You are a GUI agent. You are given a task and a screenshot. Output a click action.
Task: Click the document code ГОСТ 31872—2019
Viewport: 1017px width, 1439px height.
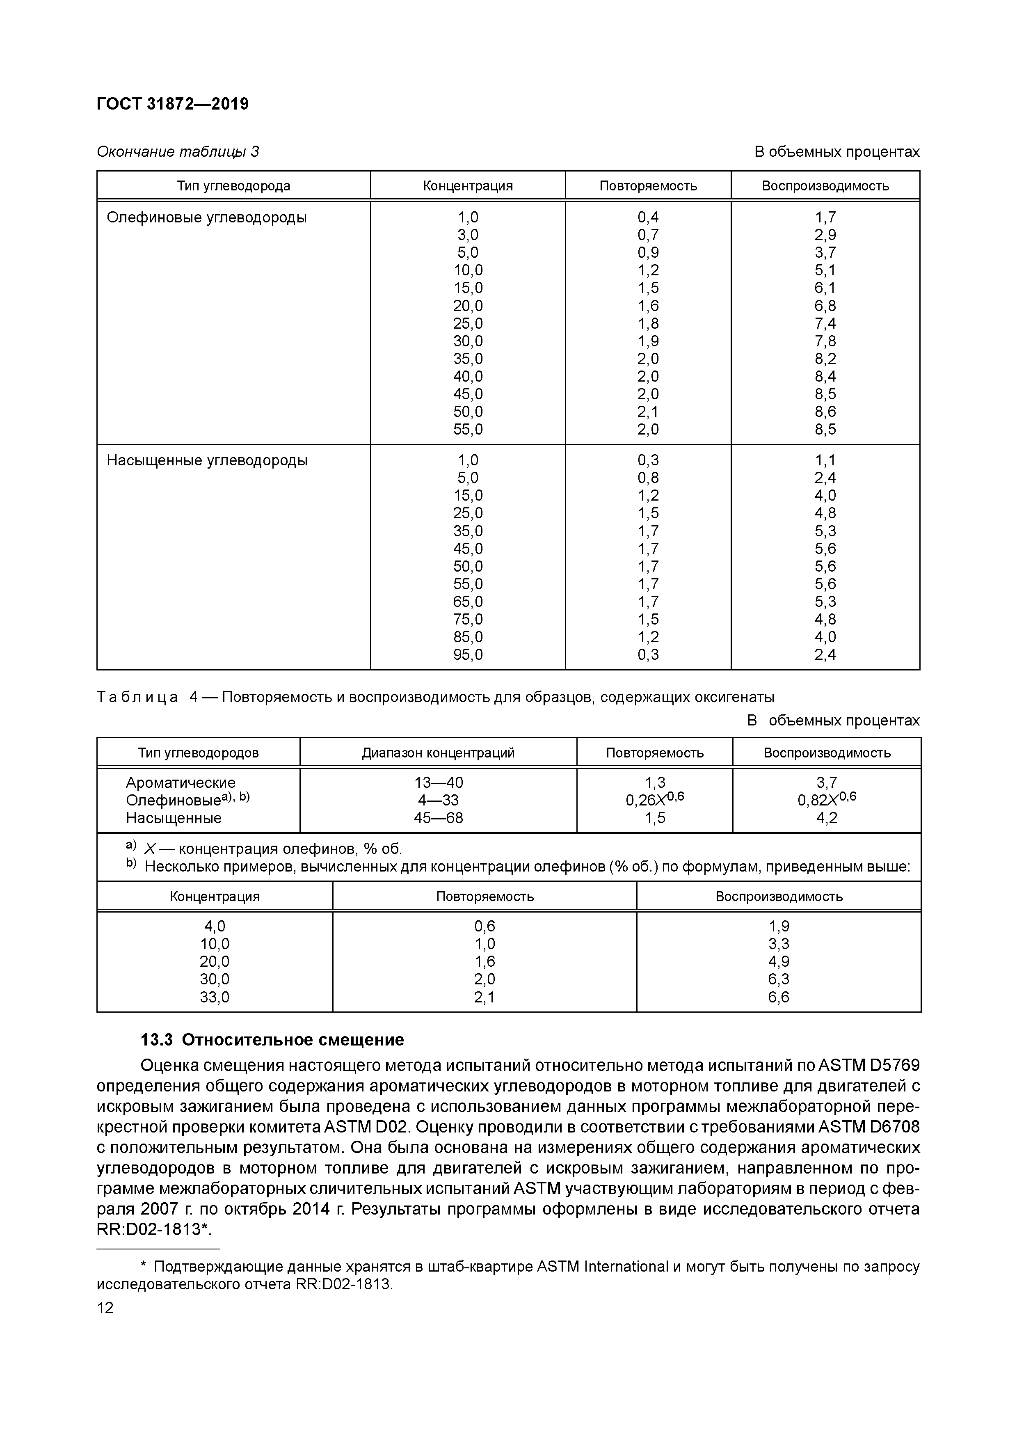coord(172,104)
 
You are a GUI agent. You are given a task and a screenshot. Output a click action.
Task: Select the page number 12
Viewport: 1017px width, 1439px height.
coord(105,1308)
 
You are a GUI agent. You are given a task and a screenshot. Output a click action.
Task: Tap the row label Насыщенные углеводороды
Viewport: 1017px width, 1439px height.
coord(207,461)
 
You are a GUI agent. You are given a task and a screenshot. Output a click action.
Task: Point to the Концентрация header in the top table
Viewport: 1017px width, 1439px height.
coord(467,186)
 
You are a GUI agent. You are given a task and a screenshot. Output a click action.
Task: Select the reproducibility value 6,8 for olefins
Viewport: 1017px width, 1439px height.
coord(825,306)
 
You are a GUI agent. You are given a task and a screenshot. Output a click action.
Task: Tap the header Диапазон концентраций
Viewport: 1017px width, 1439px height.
coord(438,753)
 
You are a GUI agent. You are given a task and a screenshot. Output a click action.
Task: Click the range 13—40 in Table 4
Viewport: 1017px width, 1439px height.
coord(438,783)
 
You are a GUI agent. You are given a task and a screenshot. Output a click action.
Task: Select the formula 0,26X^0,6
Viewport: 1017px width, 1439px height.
coord(655,800)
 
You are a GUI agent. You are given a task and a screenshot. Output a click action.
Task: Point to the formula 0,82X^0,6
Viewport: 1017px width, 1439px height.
coord(827,800)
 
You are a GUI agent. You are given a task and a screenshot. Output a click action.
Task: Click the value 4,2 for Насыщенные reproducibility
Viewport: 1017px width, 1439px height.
coord(827,818)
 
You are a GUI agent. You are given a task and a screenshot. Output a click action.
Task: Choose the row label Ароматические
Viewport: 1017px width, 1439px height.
coord(181,783)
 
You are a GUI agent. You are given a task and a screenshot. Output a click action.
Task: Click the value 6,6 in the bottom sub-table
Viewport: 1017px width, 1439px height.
coord(779,997)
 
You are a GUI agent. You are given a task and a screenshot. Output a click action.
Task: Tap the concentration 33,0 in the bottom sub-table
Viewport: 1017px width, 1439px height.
coord(214,997)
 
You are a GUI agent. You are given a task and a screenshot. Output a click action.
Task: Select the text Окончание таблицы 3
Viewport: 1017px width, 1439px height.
coord(178,152)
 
